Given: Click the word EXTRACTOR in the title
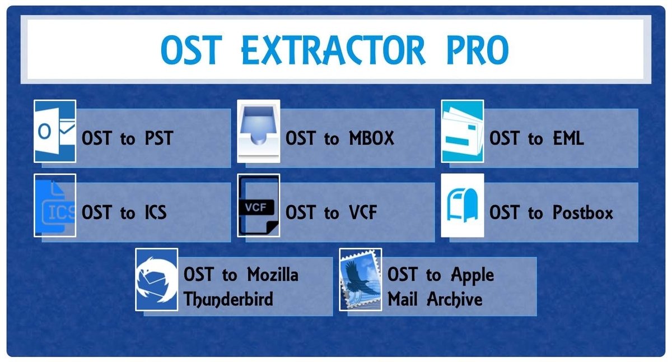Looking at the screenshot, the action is (x=333, y=50).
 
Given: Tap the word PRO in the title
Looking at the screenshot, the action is (x=478, y=50).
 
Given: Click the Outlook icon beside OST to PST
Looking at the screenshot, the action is (x=55, y=131).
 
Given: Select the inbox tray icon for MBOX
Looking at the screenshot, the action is (x=259, y=131).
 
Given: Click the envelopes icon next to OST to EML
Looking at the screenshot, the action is (x=463, y=131).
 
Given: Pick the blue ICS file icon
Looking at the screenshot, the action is (x=55, y=205).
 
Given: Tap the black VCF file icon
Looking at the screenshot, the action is (x=259, y=205).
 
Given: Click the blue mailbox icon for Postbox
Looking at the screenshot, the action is (x=463, y=205).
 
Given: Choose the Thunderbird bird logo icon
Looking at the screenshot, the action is (x=157, y=280).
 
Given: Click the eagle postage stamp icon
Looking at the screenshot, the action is (x=360, y=280).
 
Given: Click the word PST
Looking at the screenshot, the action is (x=159, y=138).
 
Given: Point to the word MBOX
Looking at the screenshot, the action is (x=371, y=138).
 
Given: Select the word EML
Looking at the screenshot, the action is (x=568, y=138).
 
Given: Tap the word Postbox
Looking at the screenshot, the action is (x=582, y=212).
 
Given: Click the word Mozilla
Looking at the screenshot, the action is (x=273, y=275).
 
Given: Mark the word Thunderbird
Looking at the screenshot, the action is (x=228, y=299).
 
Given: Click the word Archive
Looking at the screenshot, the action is (x=455, y=300).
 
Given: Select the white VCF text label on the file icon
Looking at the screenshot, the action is (x=255, y=207).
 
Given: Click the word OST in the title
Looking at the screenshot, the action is (x=192, y=50).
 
